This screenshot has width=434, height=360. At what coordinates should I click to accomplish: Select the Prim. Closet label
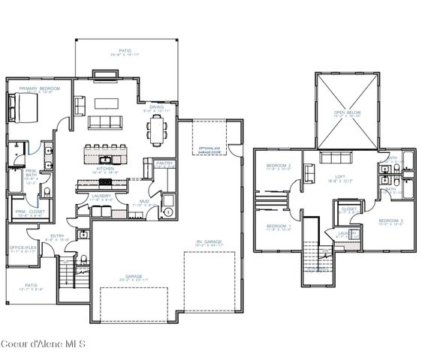pyautogui.click(x=29, y=212)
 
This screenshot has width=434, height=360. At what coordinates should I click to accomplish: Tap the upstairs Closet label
pyautogui.click(x=349, y=210)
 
